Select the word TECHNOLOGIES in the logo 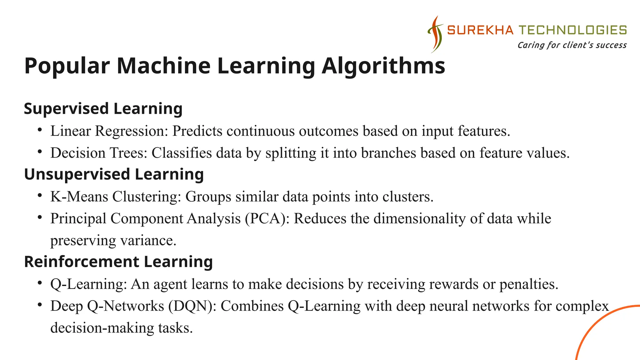coord(572,30)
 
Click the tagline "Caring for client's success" coord(572,45)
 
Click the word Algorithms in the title coord(383,66)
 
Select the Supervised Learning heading coord(103,109)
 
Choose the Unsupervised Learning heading coord(114,174)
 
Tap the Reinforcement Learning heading coord(118,262)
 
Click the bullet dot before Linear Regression coord(39,130)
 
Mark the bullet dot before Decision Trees coord(39,152)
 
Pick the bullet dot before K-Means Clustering coord(39,195)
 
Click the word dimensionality coord(419,218)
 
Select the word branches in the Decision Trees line coord(388,153)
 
